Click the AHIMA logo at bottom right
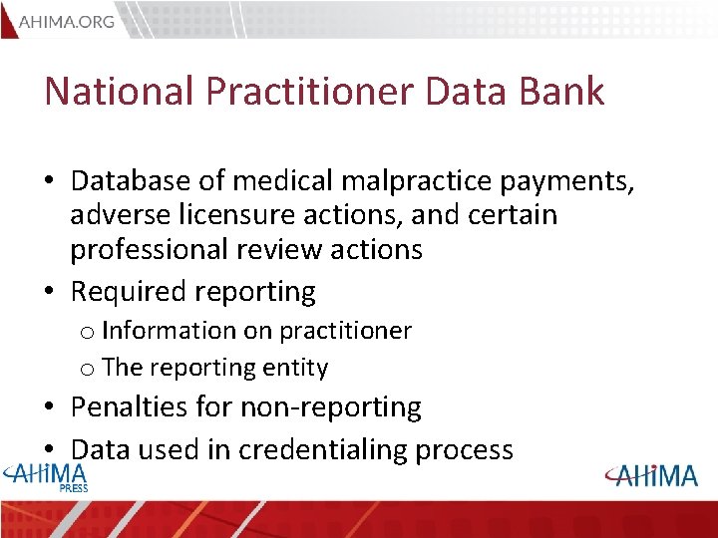click(654, 475)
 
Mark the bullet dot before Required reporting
click(50, 293)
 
